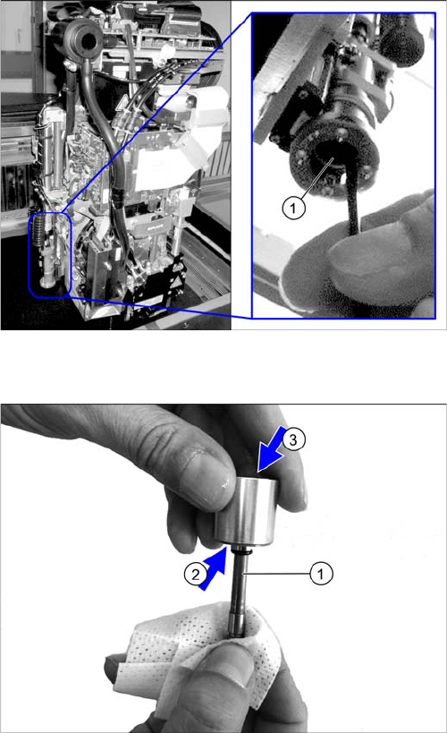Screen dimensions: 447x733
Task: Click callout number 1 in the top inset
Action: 293,207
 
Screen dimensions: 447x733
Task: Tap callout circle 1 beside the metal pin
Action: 321,573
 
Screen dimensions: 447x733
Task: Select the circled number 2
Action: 196,574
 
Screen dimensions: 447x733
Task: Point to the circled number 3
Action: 293,439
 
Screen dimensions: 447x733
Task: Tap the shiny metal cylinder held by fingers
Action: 246,511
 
